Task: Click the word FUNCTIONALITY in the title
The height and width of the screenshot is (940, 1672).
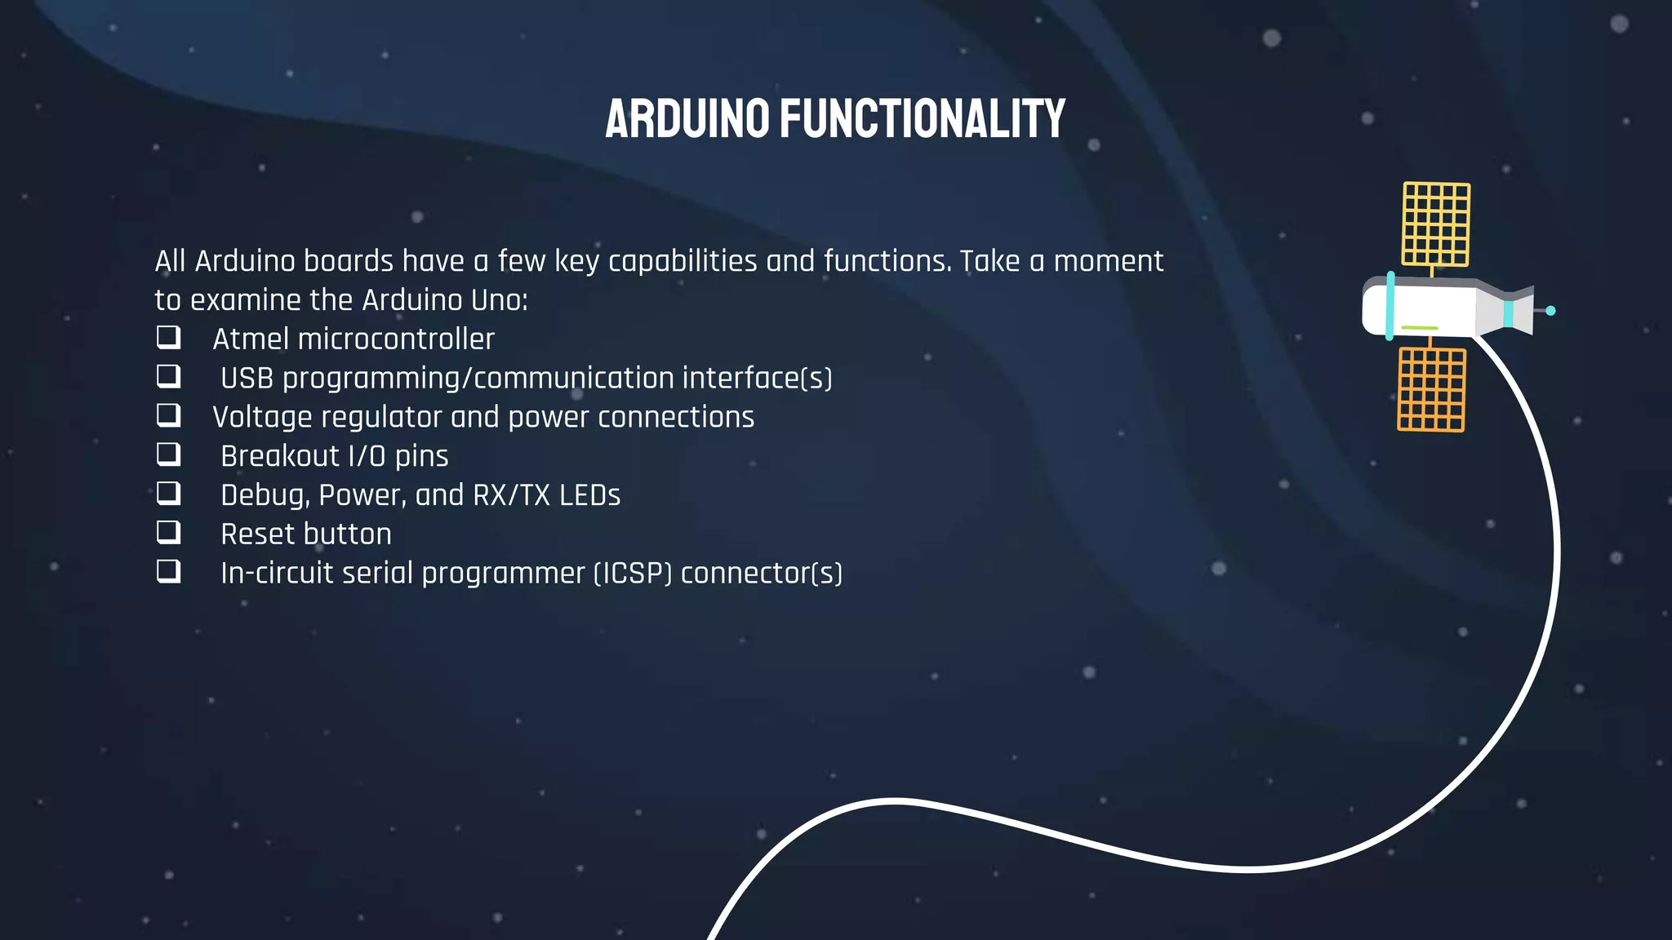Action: point(923,119)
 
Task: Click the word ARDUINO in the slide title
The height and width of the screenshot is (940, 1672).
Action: point(687,119)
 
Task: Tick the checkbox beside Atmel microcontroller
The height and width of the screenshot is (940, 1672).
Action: point(168,337)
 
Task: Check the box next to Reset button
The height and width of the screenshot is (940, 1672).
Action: point(168,532)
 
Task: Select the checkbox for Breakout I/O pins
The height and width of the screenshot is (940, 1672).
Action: point(168,454)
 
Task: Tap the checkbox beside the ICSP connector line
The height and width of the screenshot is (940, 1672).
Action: point(168,570)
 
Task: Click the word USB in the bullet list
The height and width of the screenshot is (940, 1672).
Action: point(247,379)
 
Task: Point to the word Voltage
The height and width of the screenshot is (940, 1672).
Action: point(262,418)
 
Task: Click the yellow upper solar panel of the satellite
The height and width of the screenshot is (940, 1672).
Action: point(1436,224)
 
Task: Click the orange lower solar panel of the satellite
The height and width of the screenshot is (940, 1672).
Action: point(1431,390)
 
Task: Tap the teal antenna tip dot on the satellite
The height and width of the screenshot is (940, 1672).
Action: point(1550,311)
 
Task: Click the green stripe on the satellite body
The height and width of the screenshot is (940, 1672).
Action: point(1420,328)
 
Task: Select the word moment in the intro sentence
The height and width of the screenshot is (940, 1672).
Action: point(1108,262)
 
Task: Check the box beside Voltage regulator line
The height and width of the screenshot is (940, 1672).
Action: point(168,415)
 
